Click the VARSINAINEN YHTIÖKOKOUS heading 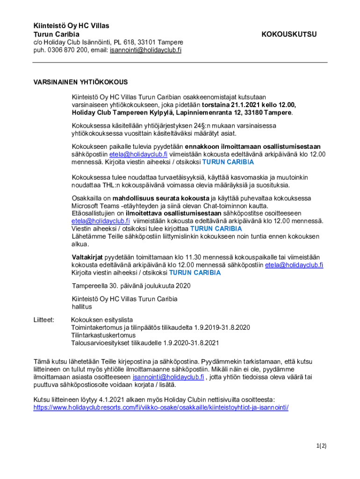pyautogui.click(x=80, y=82)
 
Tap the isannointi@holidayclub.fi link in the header pyautogui.click(x=145, y=50)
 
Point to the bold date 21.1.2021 pyautogui.click(x=247, y=105)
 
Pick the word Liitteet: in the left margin pyautogui.click(x=44, y=320)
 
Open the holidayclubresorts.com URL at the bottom pyautogui.click(x=161, y=407)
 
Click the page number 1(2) pyautogui.click(x=320, y=446)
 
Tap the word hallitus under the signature pyautogui.click(x=82, y=307)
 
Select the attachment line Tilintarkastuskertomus pyautogui.click(x=103, y=335)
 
